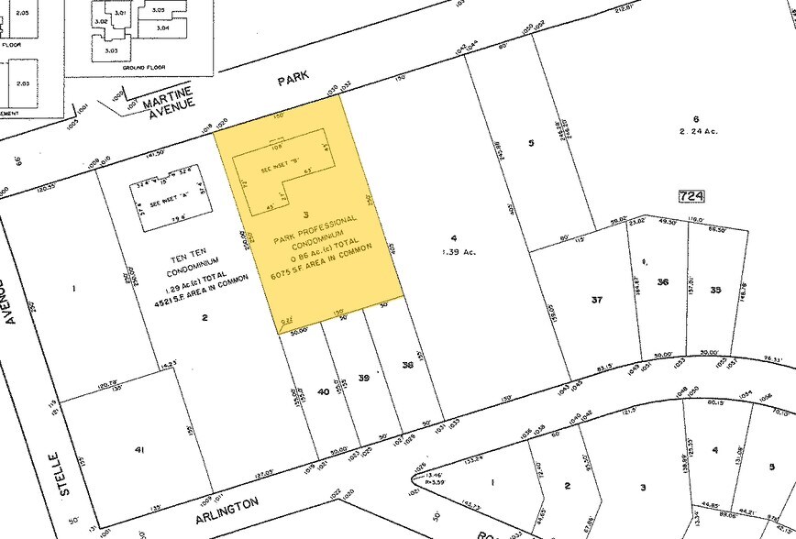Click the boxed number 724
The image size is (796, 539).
(x=691, y=195)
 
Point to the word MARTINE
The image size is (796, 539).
(x=166, y=103)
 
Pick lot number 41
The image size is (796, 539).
(x=138, y=451)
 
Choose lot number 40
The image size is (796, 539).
(x=323, y=391)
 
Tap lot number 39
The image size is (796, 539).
(x=363, y=378)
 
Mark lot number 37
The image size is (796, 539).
(x=596, y=300)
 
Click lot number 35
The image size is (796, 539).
(x=714, y=290)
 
